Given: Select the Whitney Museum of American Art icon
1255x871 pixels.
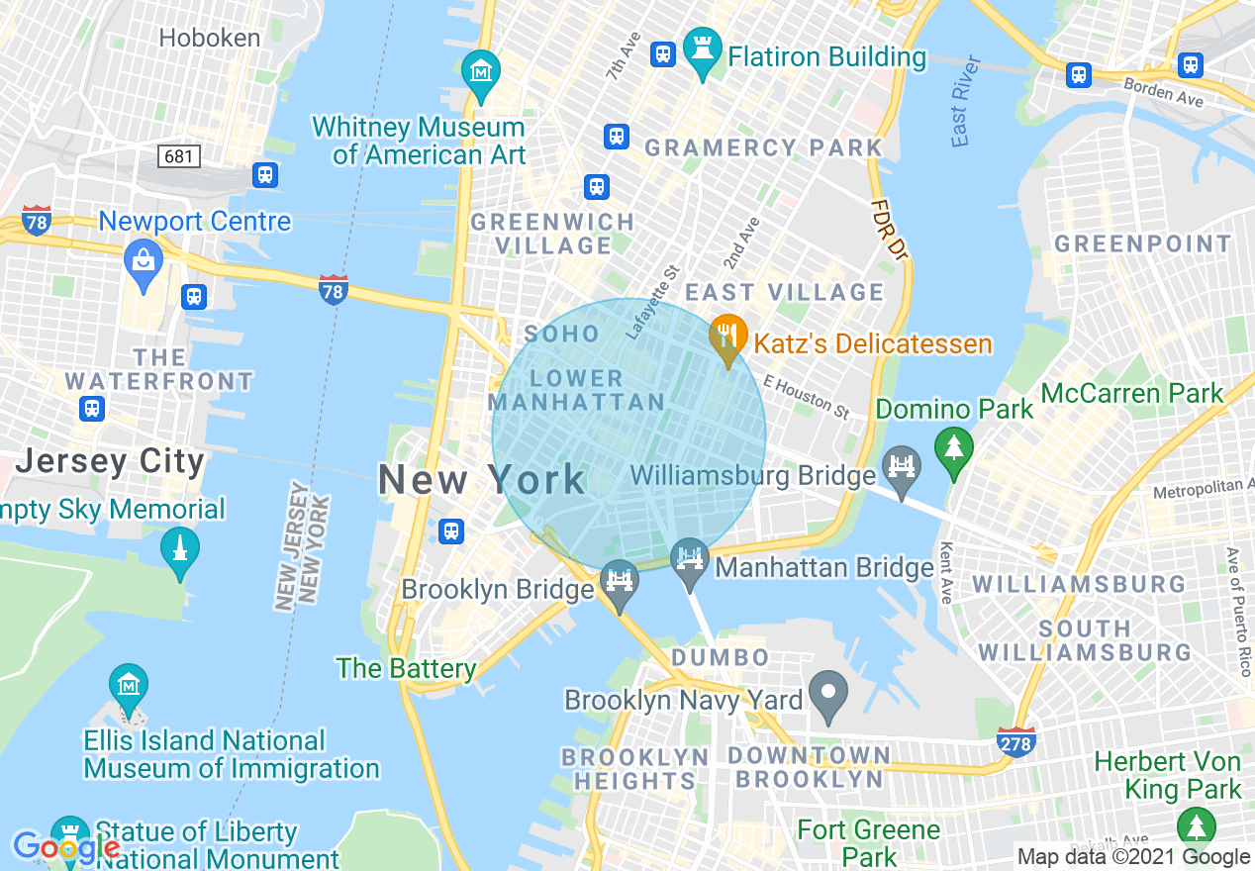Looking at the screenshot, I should coord(481,72).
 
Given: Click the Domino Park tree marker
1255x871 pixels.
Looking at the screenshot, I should coord(954,448).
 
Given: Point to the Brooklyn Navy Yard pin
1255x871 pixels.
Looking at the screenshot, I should coord(828,692).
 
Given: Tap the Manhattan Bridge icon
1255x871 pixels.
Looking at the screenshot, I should coord(689,559).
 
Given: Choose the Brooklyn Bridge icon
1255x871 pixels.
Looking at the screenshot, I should coord(621,581).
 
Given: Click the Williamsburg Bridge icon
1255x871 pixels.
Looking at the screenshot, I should coord(903,466).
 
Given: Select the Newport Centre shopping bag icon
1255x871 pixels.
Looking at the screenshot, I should coord(144,261).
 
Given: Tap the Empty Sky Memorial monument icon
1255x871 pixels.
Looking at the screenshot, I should coord(179,548).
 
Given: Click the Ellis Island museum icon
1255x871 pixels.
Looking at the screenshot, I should coord(129,685).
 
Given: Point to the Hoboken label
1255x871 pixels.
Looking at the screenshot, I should coord(210,39).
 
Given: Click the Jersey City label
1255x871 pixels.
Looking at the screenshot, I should coord(111,461).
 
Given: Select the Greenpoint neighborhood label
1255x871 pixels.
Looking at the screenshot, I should coord(1143,243).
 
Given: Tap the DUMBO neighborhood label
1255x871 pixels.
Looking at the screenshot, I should coord(720,657).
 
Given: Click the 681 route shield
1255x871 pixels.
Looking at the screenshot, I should coord(178,156).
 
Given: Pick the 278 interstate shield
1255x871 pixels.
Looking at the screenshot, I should coord(1016,741).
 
